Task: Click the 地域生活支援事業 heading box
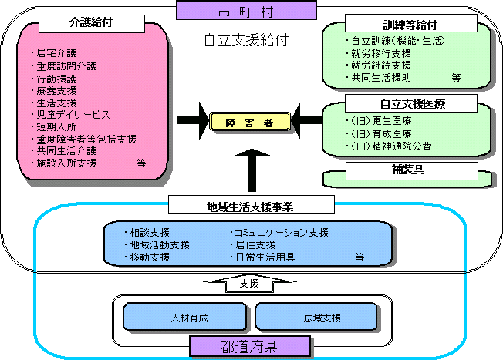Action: pyautogui.click(x=251, y=205)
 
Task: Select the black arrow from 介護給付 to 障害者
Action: pyautogui.click(x=192, y=120)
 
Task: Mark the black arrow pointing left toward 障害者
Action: pyautogui.click(x=307, y=120)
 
